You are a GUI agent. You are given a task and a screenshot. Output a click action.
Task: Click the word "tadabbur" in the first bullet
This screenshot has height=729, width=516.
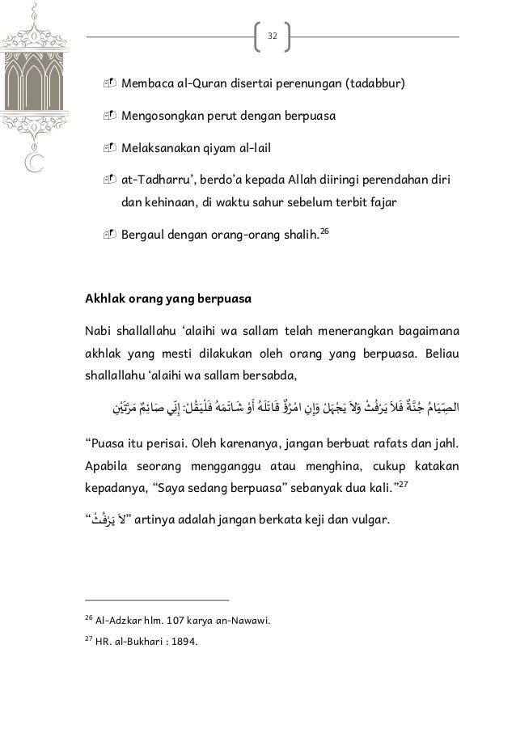375,84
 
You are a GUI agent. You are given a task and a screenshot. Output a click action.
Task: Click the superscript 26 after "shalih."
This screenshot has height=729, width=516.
325,232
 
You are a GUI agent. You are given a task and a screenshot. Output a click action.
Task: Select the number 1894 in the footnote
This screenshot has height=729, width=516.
180,644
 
